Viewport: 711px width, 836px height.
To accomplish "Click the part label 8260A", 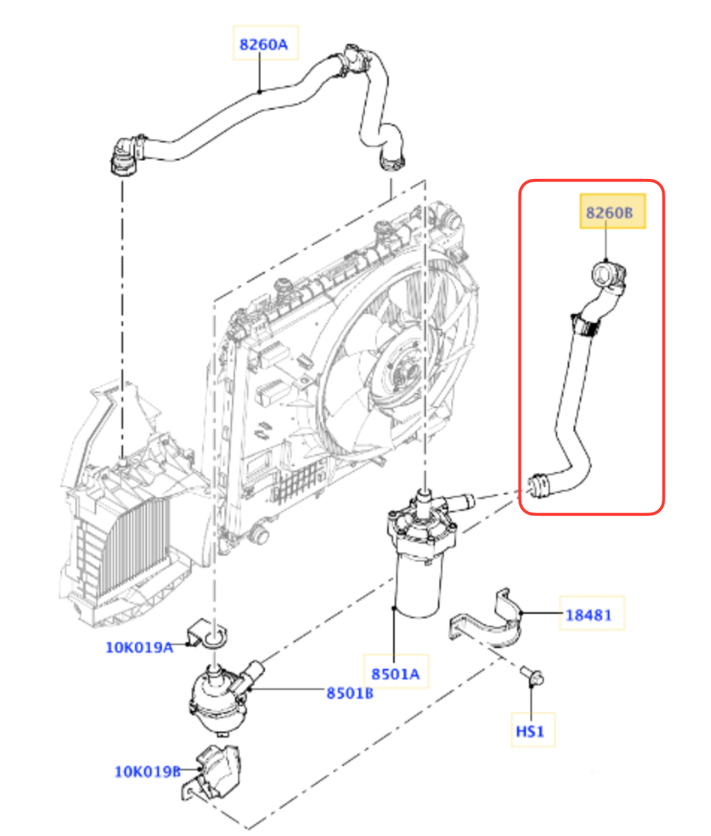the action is coord(263,44).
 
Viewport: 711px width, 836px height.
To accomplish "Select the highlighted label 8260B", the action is coord(610,213).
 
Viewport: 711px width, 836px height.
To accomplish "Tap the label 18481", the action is coord(589,615).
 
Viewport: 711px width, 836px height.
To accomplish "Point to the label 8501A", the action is coord(395,674).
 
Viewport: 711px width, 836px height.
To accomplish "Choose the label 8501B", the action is coord(350,693).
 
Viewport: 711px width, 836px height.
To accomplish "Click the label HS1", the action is coord(530,730).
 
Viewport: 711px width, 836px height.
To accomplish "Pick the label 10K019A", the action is coord(140,647).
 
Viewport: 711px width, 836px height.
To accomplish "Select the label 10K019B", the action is coord(148,771).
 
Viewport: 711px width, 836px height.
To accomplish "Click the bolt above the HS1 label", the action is coord(532,676).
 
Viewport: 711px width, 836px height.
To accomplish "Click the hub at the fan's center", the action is coord(401,368).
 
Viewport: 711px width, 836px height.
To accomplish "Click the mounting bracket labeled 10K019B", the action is coord(210,773).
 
